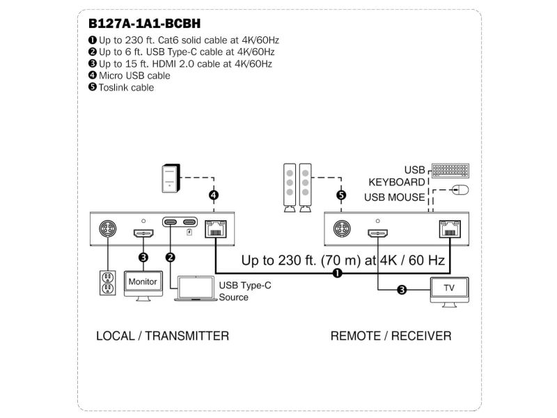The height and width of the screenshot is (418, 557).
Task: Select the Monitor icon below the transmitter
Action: click(x=143, y=282)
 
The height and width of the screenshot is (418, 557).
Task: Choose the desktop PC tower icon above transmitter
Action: click(x=171, y=177)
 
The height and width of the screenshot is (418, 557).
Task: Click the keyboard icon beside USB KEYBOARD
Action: click(x=450, y=170)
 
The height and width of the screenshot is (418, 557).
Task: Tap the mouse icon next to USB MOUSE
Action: click(x=460, y=189)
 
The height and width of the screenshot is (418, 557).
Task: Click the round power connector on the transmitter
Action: click(x=109, y=229)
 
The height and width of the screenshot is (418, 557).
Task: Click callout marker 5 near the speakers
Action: click(x=341, y=196)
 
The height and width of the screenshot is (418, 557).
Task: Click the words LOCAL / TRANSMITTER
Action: click(x=162, y=336)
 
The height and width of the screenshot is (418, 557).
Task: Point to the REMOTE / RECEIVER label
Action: click(x=391, y=336)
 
